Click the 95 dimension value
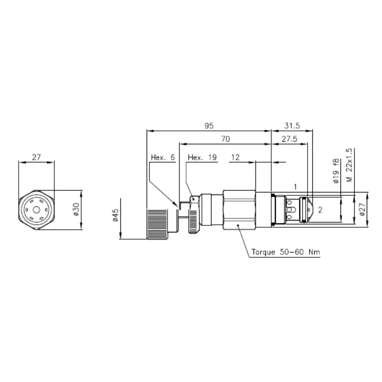[209, 126]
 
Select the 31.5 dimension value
[292, 126]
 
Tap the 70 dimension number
[225, 139]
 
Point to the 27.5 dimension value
[289, 139]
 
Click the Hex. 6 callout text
[163, 158]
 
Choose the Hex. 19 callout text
[202, 158]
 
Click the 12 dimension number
[235, 158]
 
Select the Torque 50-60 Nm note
[286, 252]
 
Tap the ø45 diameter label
[115, 215]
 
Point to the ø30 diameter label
[76, 209]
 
